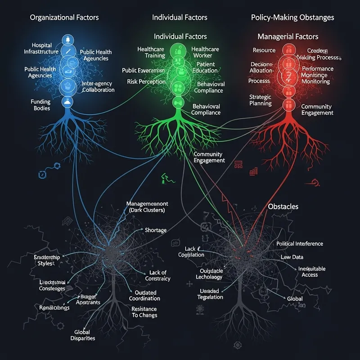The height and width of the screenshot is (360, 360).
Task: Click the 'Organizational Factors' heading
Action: coord(64,18)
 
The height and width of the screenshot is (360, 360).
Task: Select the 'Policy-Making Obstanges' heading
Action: coord(292,18)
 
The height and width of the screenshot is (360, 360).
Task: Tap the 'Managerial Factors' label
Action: coord(288,36)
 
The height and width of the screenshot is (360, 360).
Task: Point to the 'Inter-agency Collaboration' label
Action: coord(99,87)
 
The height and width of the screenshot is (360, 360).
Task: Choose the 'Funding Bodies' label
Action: coord(40,105)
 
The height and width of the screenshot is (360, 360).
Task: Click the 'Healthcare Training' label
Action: coord(151,52)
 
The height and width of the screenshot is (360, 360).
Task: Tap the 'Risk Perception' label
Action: coord(146,81)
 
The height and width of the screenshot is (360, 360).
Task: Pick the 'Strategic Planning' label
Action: coord(261,100)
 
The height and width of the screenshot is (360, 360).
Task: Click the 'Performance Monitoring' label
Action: coord(318,75)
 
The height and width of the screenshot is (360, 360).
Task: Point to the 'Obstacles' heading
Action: coord(283,206)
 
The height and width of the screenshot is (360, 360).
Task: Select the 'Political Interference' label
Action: coord(300,243)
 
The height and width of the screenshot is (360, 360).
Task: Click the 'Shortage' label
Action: coord(156,230)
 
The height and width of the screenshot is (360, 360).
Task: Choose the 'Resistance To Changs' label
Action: coord(144,312)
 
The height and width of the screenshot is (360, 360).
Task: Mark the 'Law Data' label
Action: coord(292,257)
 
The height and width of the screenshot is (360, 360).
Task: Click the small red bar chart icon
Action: coord(254,171)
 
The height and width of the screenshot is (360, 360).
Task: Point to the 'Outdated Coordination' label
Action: coord(144,295)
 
